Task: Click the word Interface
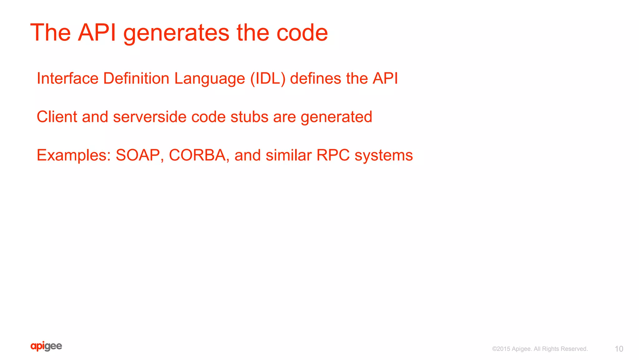coord(68,78)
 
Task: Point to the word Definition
coord(136,78)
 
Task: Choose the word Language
coord(209,79)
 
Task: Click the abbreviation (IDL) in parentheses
coord(268,79)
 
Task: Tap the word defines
coord(315,78)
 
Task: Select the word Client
coord(57,117)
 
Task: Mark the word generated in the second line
coord(336,117)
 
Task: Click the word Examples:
coord(74,155)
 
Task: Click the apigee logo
coord(46,346)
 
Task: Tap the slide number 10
coord(619,349)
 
